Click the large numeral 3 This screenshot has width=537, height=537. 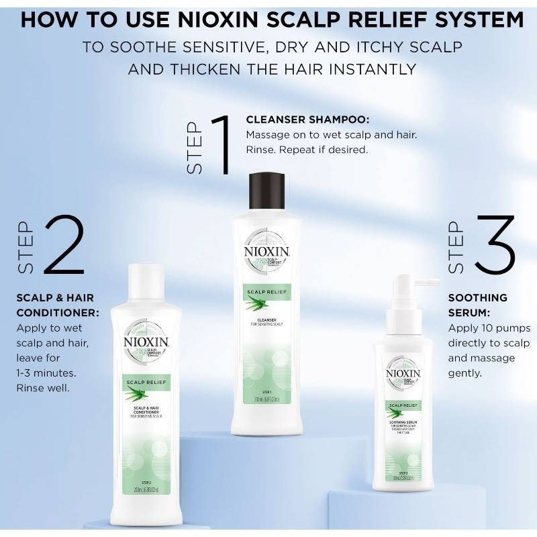[x=491, y=246]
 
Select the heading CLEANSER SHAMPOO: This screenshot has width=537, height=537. [x=307, y=120]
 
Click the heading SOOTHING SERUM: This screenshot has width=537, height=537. [x=469, y=304]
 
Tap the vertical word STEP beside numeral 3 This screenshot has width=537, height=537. [x=456, y=247]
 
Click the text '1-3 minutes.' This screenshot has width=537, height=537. [x=44, y=373]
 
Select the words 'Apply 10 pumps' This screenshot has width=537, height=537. [x=489, y=328]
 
